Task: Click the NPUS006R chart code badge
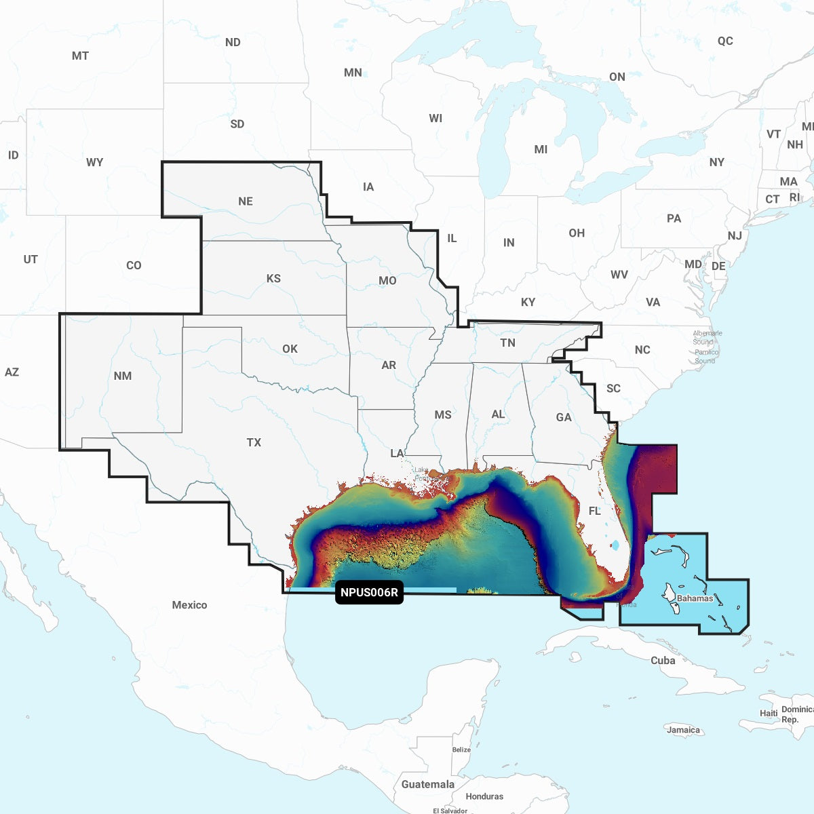pos(369,592)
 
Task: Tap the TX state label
pos(254,442)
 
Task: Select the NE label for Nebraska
pos(246,201)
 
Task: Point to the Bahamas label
pos(695,598)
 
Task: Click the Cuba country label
pos(663,660)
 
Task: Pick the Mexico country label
pos(189,604)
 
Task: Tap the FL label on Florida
pos(594,511)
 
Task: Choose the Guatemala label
pos(427,784)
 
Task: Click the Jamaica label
pos(683,730)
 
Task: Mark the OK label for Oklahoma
pos(290,349)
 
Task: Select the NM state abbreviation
pos(123,376)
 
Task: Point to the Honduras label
pos(484,796)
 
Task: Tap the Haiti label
pos(769,713)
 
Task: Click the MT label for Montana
pos(80,56)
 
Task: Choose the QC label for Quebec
pos(725,41)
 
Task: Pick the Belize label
pos(461,750)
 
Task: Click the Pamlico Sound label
pos(706,356)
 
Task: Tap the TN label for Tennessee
pos(507,343)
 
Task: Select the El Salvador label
pos(450,811)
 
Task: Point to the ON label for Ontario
pos(617,77)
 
